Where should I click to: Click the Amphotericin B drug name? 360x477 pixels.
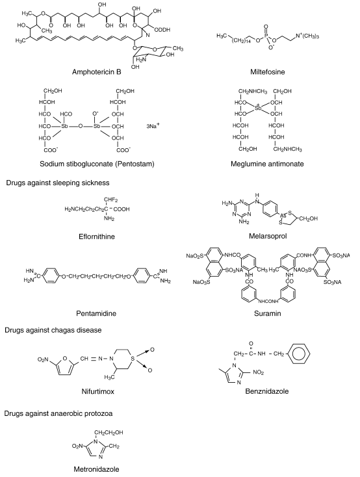pyautogui.click(x=96, y=71)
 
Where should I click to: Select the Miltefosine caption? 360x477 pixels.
pyautogui.click(x=268, y=71)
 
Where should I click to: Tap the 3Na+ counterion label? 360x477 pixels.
pyautogui.click(x=153, y=125)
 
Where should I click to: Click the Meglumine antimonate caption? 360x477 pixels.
pyautogui.click(x=267, y=164)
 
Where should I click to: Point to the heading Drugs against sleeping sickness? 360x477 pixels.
pyautogui.click(x=58, y=183)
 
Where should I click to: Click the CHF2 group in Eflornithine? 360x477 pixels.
pyautogui.click(x=110, y=200)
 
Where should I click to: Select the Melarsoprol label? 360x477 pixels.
pyautogui.click(x=268, y=236)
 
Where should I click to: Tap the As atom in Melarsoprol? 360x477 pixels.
pyautogui.click(x=283, y=215)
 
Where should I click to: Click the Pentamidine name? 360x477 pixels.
pyautogui.click(x=96, y=313)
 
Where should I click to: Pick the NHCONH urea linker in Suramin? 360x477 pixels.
pyautogui.click(x=268, y=302)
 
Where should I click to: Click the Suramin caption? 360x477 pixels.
pyautogui.click(x=268, y=313)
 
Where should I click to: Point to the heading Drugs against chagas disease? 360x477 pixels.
pyautogui.click(x=53, y=330)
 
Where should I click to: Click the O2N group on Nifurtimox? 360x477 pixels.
pyautogui.click(x=43, y=359)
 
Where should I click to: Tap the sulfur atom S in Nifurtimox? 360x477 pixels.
pyautogui.click(x=133, y=359)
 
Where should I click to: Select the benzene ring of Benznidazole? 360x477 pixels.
pyautogui.click(x=298, y=354)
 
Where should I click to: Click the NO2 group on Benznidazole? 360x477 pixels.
pyautogui.click(x=259, y=372)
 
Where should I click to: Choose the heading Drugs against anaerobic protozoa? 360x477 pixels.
pyautogui.click(x=58, y=414)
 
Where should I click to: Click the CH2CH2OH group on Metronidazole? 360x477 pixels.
pyautogui.click(x=109, y=433)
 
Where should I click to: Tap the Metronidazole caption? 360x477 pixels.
pyautogui.click(x=96, y=469)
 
